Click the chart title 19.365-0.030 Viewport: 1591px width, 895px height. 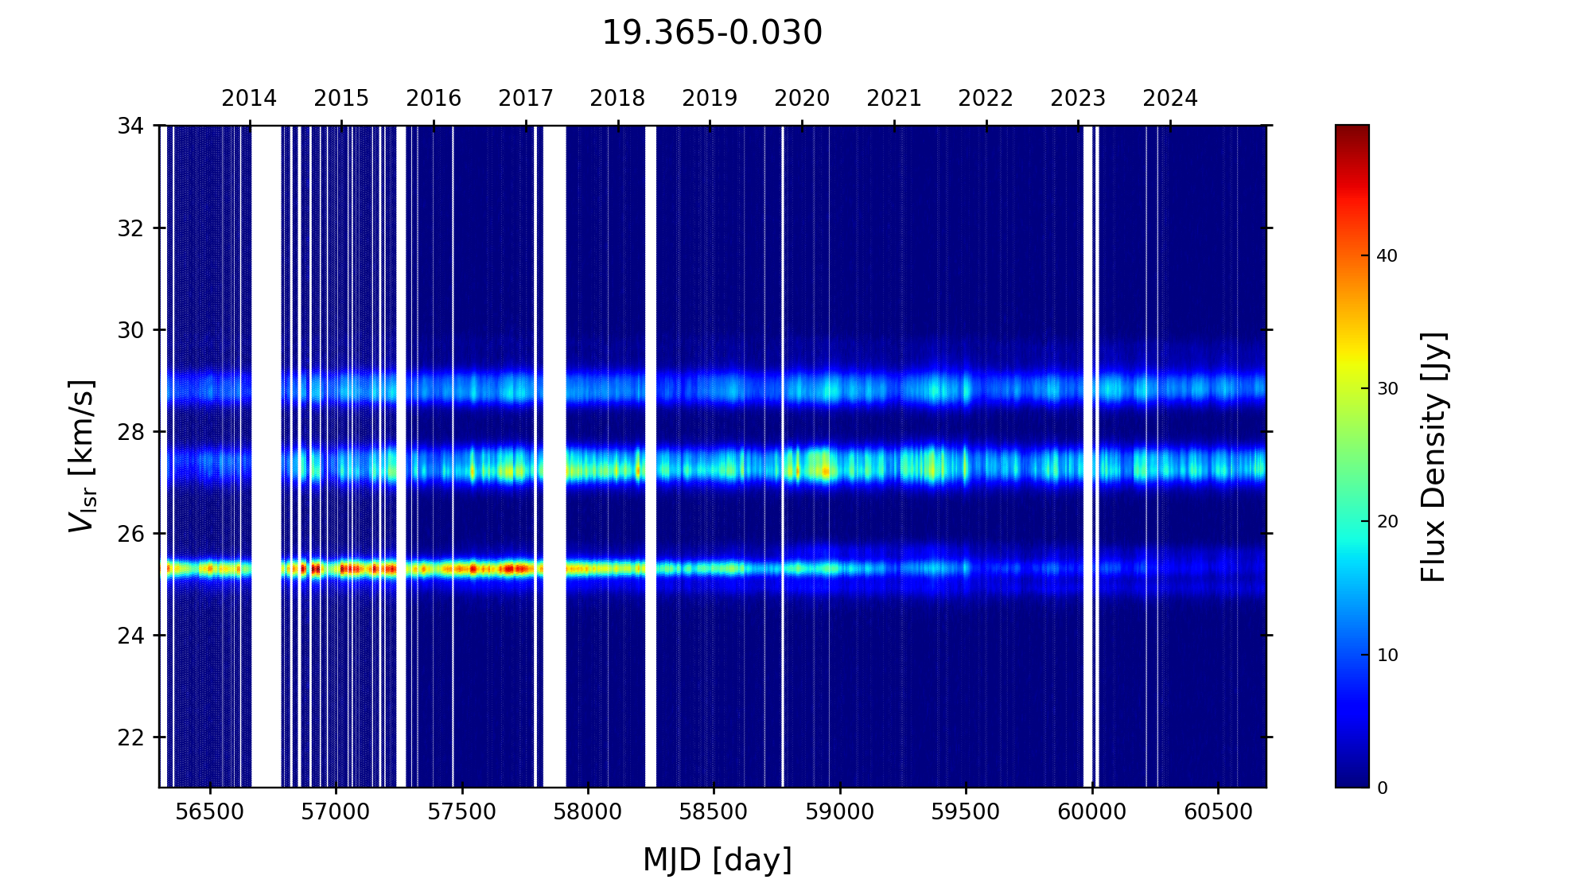(712, 33)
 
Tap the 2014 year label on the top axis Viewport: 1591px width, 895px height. (249, 99)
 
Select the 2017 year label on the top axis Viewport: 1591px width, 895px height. (526, 99)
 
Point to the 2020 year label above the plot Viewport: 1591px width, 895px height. (802, 99)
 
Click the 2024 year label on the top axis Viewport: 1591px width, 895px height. (1170, 99)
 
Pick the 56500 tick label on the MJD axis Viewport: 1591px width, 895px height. (210, 812)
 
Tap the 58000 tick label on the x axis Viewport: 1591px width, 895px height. (588, 812)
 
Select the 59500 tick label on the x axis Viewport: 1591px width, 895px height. (966, 812)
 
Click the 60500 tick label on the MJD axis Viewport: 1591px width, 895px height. (1218, 812)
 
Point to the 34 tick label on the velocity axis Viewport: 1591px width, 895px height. (131, 126)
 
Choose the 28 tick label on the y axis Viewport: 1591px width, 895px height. (131, 432)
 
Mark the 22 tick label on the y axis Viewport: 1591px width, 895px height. (131, 737)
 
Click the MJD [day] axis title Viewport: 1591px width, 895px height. (718, 860)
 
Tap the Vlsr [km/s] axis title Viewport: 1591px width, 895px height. (82, 456)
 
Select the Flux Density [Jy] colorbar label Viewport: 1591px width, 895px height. (1433, 457)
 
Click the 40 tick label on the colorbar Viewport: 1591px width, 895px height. (1387, 256)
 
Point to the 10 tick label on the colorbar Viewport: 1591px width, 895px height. (1387, 656)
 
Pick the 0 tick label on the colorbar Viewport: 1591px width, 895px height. (1382, 788)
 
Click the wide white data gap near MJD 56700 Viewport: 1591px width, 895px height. (266, 456)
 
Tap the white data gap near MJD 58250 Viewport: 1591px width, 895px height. (651, 456)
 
